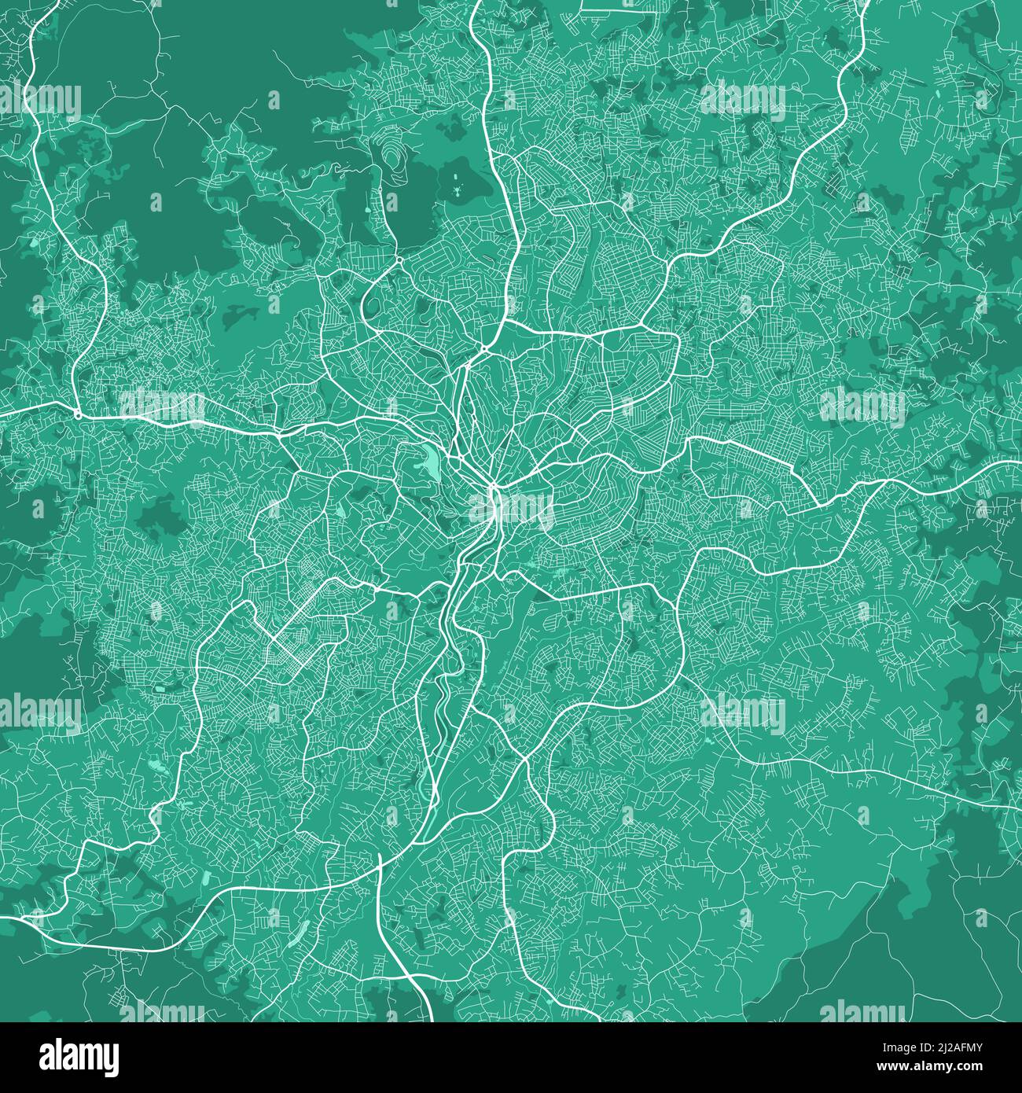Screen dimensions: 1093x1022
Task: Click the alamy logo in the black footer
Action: click(x=80, y=1057)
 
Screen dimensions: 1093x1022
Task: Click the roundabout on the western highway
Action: click(x=77, y=414)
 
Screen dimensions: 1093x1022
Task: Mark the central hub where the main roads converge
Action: click(x=494, y=489)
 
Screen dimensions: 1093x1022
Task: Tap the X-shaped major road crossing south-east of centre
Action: click(x=521, y=760)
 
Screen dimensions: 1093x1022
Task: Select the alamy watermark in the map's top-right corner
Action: click(x=742, y=98)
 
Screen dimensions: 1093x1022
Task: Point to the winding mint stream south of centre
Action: click(x=440, y=692)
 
